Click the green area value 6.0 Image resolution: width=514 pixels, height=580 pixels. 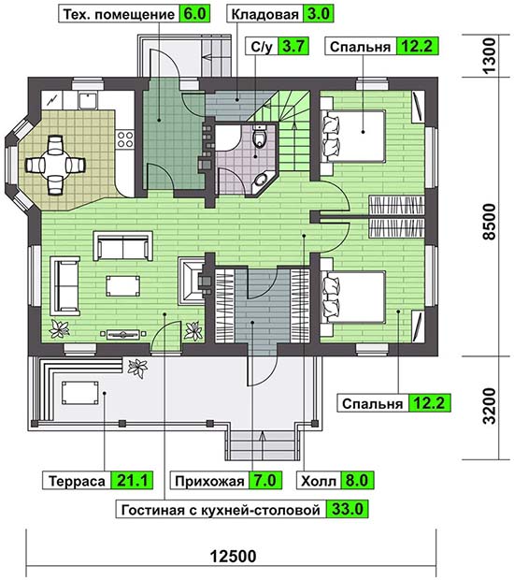pyautogui.click(x=194, y=14)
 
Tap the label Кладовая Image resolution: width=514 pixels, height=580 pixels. pyautogui.click(x=264, y=14)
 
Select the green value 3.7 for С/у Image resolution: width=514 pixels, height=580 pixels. pyautogui.click(x=293, y=47)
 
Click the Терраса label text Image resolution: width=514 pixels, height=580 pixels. pyautogui.click(x=78, y=481)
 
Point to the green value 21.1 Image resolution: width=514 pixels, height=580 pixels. pyautogui.click(x=133, y=481)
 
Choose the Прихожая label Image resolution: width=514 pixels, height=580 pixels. pyautogui.click(x=209, y=481)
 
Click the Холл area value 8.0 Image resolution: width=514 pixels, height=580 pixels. pyautogui.click(x=357, y=481)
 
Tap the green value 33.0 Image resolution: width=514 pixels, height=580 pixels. pyautogui.click(x=348, y=509)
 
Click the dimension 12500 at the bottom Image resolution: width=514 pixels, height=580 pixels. pyautogui.click(x=233, y=557)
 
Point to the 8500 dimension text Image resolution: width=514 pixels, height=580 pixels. pyautogui.click(x=491, y=222)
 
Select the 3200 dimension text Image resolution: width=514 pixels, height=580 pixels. pyautogui.click(x=491, y=406)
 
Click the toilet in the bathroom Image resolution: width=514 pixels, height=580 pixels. pyautogui.click(x=260, y=137)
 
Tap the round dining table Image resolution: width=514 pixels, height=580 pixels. pyautogui.click(x=55, y=165)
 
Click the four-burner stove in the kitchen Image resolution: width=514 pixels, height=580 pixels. pyautogui.click(x=125, y=139)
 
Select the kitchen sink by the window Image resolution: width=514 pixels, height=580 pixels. pyautogui.click(x=88, y=101)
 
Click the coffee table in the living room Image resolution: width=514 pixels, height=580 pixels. pyautogui.click(x=123, y=285)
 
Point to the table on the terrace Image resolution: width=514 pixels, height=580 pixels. pyautogui.click(x=79, y=394)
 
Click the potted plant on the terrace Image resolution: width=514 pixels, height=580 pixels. pyautogui.click(x=137, y=368)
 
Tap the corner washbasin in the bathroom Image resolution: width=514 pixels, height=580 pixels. pyautogui.click(x=262, y=180)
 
